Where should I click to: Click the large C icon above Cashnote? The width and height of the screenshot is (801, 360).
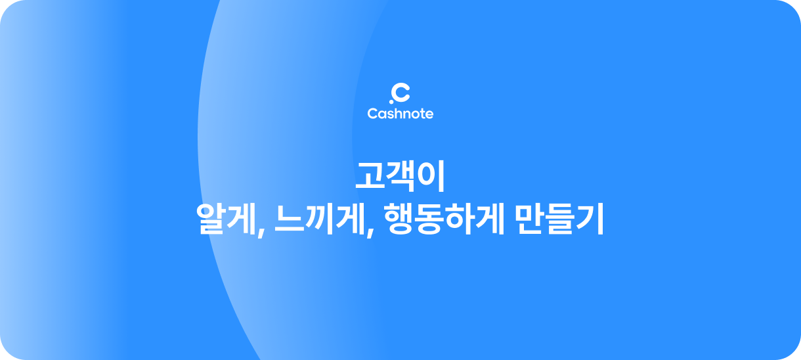[401, 93]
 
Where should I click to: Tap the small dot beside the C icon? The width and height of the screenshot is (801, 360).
[391, 101]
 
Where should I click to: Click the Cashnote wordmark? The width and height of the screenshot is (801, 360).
[400, 114]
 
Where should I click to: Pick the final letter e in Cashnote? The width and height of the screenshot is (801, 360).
[429, 114]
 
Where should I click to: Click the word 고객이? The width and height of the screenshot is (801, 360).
[400, 175]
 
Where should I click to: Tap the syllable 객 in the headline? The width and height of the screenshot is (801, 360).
[401, 175]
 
